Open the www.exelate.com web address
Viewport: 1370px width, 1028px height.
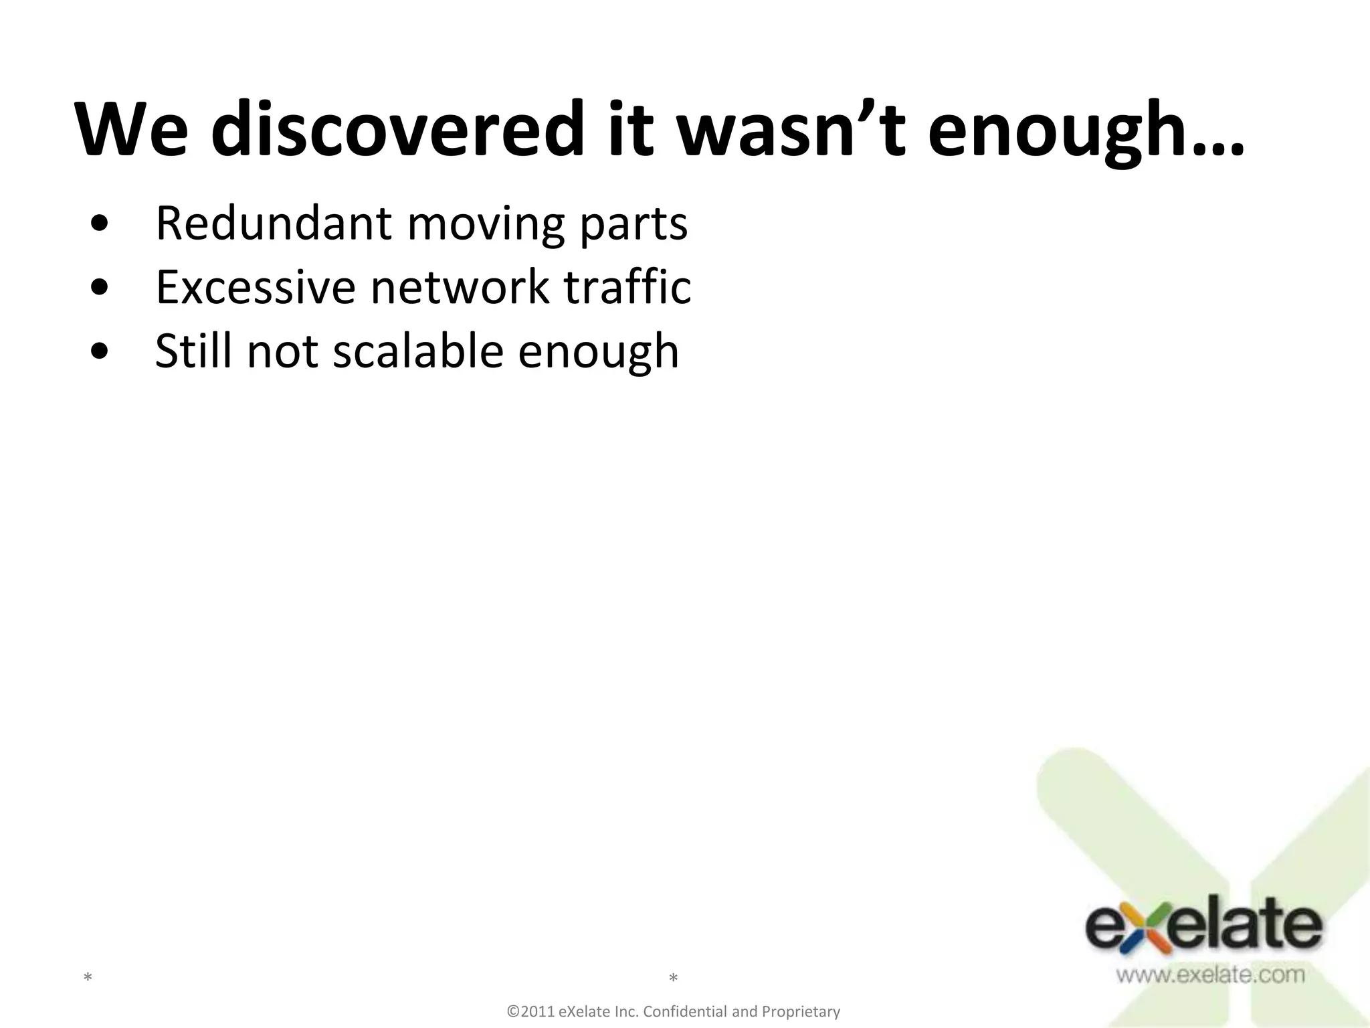(x=1210, y=974)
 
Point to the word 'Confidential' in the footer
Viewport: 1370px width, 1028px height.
(x=685, y=1011)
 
